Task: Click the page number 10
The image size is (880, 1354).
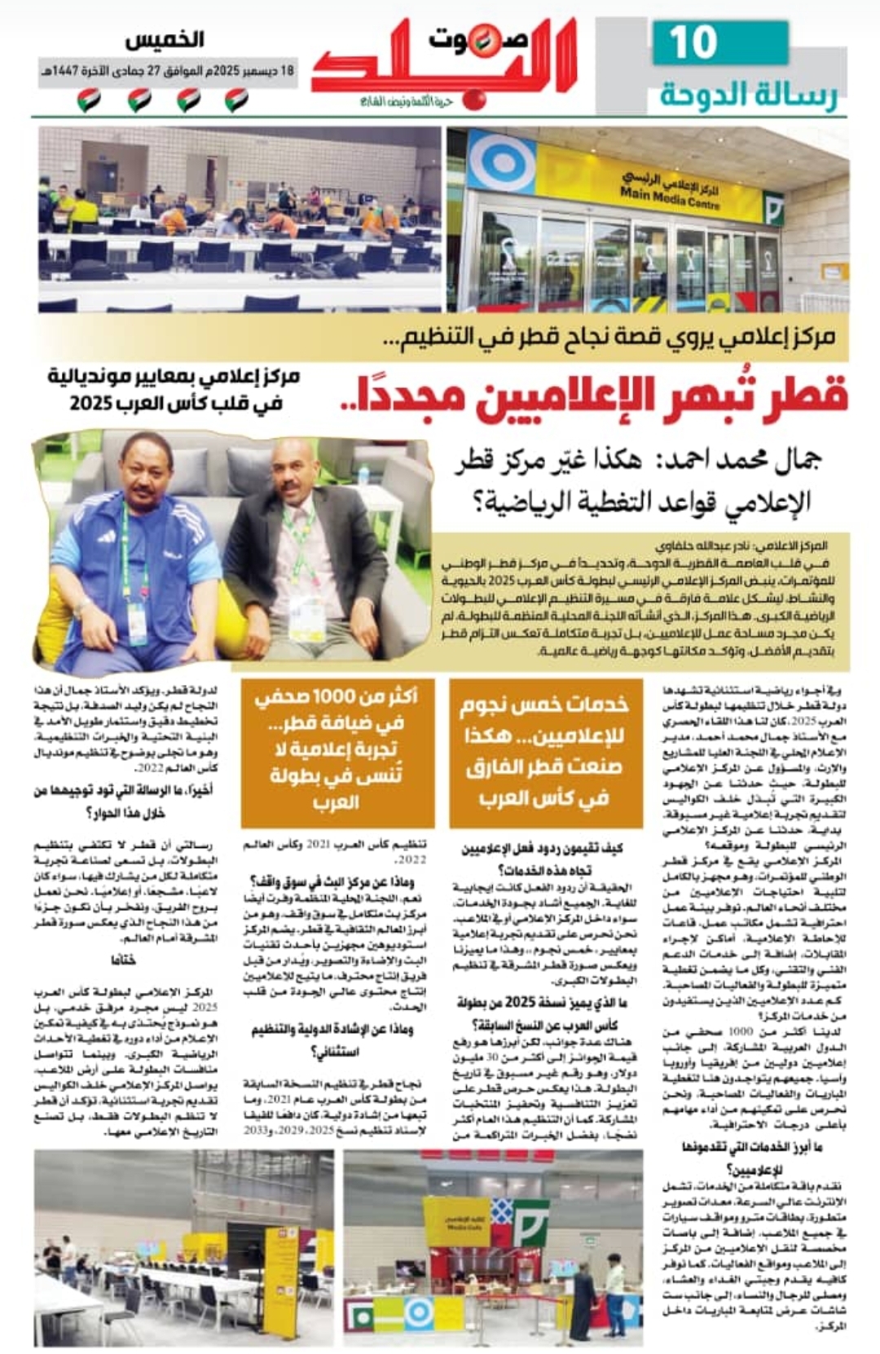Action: pyautogui.click(x=693, y=43)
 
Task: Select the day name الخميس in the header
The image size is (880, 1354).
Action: pyautogui.click(x=165, y=39)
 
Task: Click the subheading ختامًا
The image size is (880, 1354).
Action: pyautogui.click(x=124, y=960)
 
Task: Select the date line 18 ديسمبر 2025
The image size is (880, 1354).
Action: pyautogui.click(x=168, y=72)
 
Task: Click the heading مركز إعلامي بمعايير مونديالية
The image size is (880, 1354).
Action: pyautogui.click(x=174, y=377)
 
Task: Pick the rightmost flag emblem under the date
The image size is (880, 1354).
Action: pyautogui.click(x=236, y=101)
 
